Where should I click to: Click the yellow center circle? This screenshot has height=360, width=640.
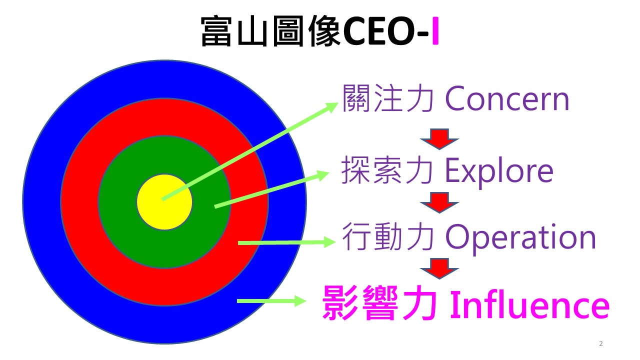(x=164, y=202)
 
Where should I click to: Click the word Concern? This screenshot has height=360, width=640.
(x=507, y=99)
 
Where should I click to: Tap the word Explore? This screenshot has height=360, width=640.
(x=499, y=171)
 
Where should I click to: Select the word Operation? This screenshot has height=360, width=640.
(x=520, y=237)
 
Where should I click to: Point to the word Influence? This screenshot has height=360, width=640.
(x=530, y=304)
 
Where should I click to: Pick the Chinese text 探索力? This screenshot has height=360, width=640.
(x=387, y=170)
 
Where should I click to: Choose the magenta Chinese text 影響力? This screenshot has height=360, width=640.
(x=380, y=303)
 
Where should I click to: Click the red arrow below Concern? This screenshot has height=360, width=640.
(x=439, y=139)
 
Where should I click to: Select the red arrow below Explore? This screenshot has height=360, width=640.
(x=439, y=202)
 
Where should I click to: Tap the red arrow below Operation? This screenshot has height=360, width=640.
(x=439, y=269)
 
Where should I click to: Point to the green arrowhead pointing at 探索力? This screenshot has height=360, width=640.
(x=323, y=175)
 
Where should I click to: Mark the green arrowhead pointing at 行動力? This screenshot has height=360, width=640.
(x=329, y=242)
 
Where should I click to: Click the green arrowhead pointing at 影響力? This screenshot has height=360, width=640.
(x=300, y=301)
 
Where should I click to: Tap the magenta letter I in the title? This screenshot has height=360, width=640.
(x=435, y=31)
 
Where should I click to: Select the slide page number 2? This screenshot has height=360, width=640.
(x=601, y=343)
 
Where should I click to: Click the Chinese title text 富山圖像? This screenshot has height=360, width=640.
(x=271, y=31)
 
